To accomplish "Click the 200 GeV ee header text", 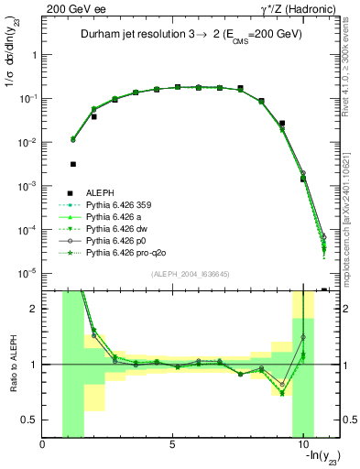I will pyautogui.click(x=68, y=8).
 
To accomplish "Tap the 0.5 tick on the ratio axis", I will pyautogui.click(x=32, y=420).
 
